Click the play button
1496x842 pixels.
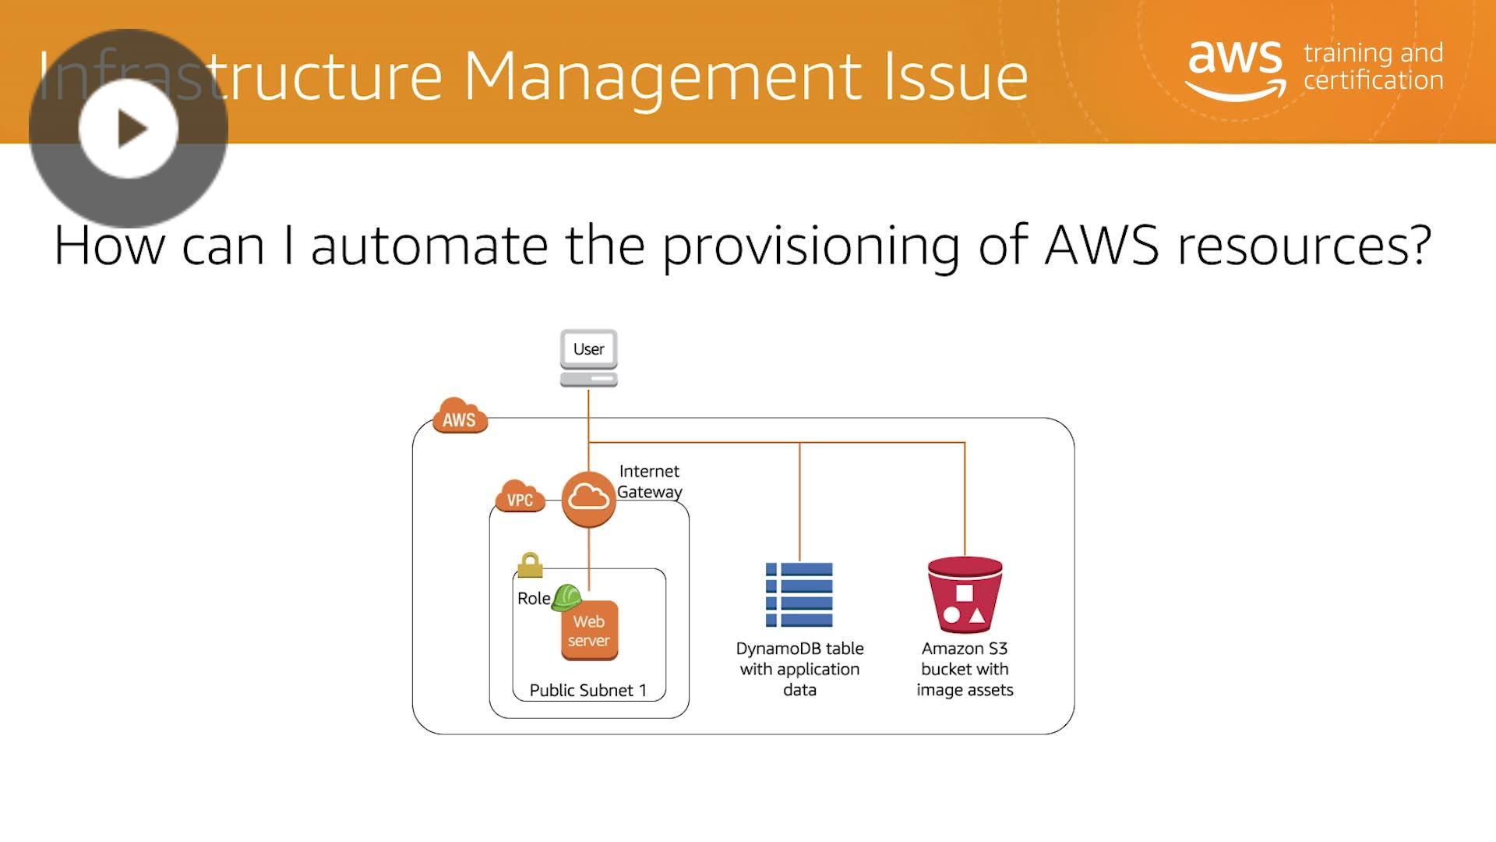[129, 129]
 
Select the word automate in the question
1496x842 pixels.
[429, 245]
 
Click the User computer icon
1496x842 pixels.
[588, 358]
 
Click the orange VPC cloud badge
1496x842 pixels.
[520, 496]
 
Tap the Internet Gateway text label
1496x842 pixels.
[649, 481]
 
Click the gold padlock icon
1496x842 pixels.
[530, 564]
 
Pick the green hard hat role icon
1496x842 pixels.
[566, 597]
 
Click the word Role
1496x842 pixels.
[533, 599]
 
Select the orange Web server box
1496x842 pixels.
[589, 631]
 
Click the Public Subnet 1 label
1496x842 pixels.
[587, 690]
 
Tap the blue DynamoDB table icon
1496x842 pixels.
[799, 594]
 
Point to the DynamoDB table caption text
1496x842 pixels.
[799, 669]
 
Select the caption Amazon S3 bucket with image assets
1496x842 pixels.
[965, 669]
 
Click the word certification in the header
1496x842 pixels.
[1373, 80]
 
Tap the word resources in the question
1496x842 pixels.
[1304, 245]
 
